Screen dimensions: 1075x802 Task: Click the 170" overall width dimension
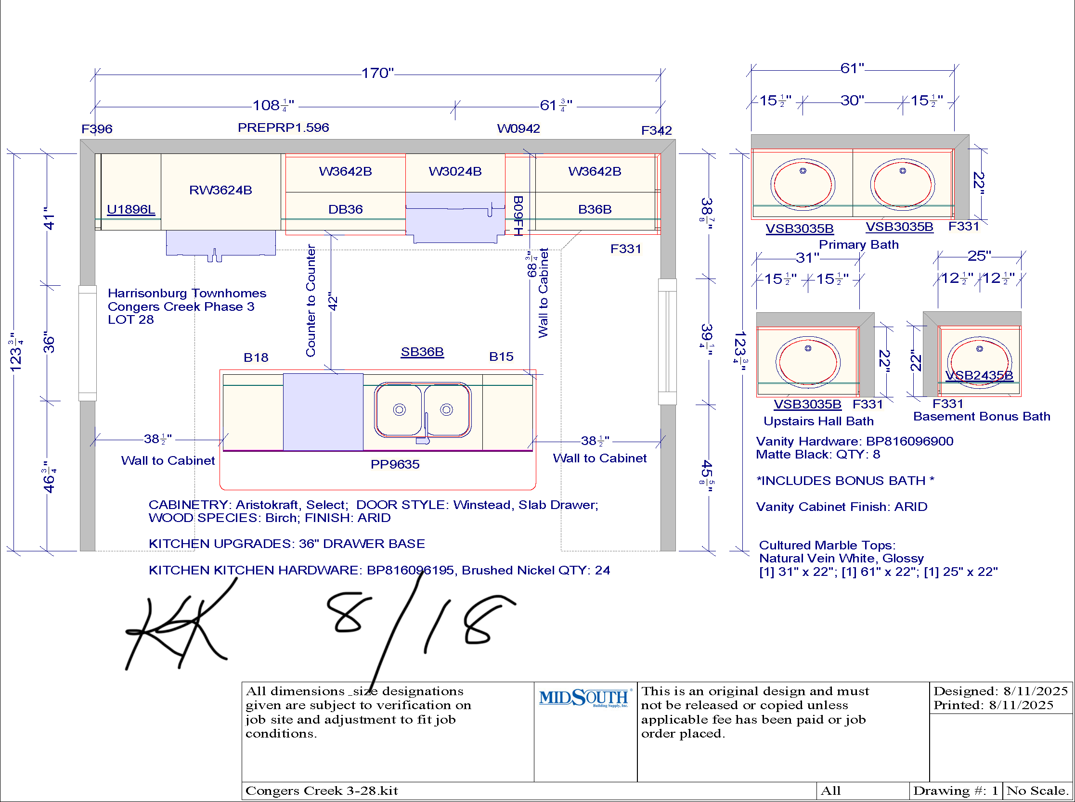coord(377,73)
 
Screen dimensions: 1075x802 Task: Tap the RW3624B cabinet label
coord(220,190)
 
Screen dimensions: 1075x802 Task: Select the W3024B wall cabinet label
coord(455,171)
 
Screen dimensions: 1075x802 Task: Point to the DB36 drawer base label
coord(345,209)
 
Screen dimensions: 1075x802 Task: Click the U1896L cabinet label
coord(131,209)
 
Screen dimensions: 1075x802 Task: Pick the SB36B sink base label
coord(422,352)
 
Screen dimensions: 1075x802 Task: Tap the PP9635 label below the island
coord(395,464)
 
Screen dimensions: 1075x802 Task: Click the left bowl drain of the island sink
coord(399,410)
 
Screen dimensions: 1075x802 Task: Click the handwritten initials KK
coord(180,626)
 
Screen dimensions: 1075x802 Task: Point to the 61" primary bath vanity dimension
coord(853,68)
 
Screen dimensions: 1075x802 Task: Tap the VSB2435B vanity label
coord(979,375)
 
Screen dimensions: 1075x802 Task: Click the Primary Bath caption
coord(859,244)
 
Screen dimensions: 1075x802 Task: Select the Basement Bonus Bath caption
coord(982,416)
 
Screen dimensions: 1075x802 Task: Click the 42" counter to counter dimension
coord(333,301)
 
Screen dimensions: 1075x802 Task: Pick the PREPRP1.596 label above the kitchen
coord(283,127)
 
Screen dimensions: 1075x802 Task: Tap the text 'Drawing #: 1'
coord(956,791)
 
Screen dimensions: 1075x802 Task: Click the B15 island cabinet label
coord(501,356)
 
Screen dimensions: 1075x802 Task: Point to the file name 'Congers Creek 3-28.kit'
coord(322,791)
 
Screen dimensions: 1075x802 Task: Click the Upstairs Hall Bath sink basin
coord(808,361)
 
